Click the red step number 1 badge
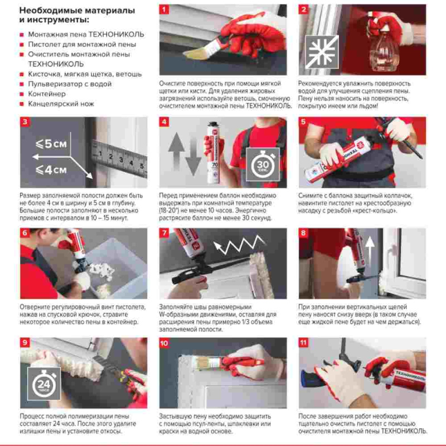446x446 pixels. (x=164, y=9)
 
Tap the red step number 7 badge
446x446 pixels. (x=164, y=233)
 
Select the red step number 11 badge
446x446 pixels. (x=303, y=343)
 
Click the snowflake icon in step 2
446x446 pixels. (x=322, y=52)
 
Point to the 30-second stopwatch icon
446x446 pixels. (x=263, y=164)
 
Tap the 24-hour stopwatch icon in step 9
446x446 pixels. (x=44, y=384)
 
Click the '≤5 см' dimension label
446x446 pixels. (x=51, y=144)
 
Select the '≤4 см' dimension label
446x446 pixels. (x=51, y=170)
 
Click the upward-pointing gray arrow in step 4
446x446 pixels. (x=176, y=149)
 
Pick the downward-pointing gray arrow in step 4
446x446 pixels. (x=193, y=157)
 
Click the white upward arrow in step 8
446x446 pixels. (x=370, y=250)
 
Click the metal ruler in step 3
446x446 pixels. (x=119, y=158)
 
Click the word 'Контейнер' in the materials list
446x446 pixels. (x=47, y=94)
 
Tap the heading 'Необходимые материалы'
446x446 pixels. (x=77, y=11)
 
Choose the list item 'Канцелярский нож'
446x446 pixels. (x=61, y=104)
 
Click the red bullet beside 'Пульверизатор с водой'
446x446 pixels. (x=22, y=84)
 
